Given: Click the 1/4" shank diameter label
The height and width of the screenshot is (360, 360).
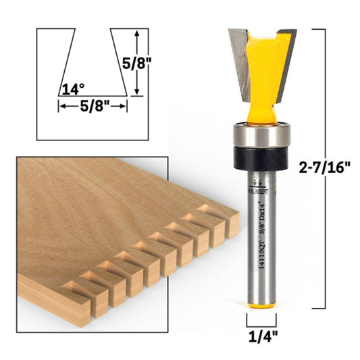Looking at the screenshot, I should coord(261,334).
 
